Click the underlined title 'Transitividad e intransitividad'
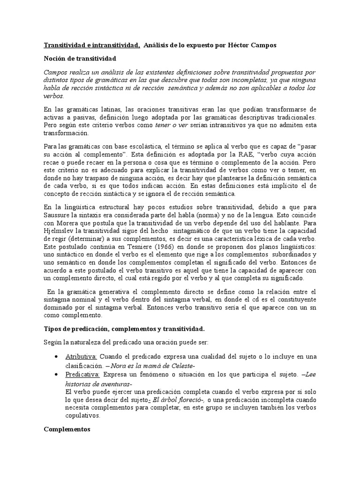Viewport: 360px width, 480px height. pyautogui.click(x=92, y=45)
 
